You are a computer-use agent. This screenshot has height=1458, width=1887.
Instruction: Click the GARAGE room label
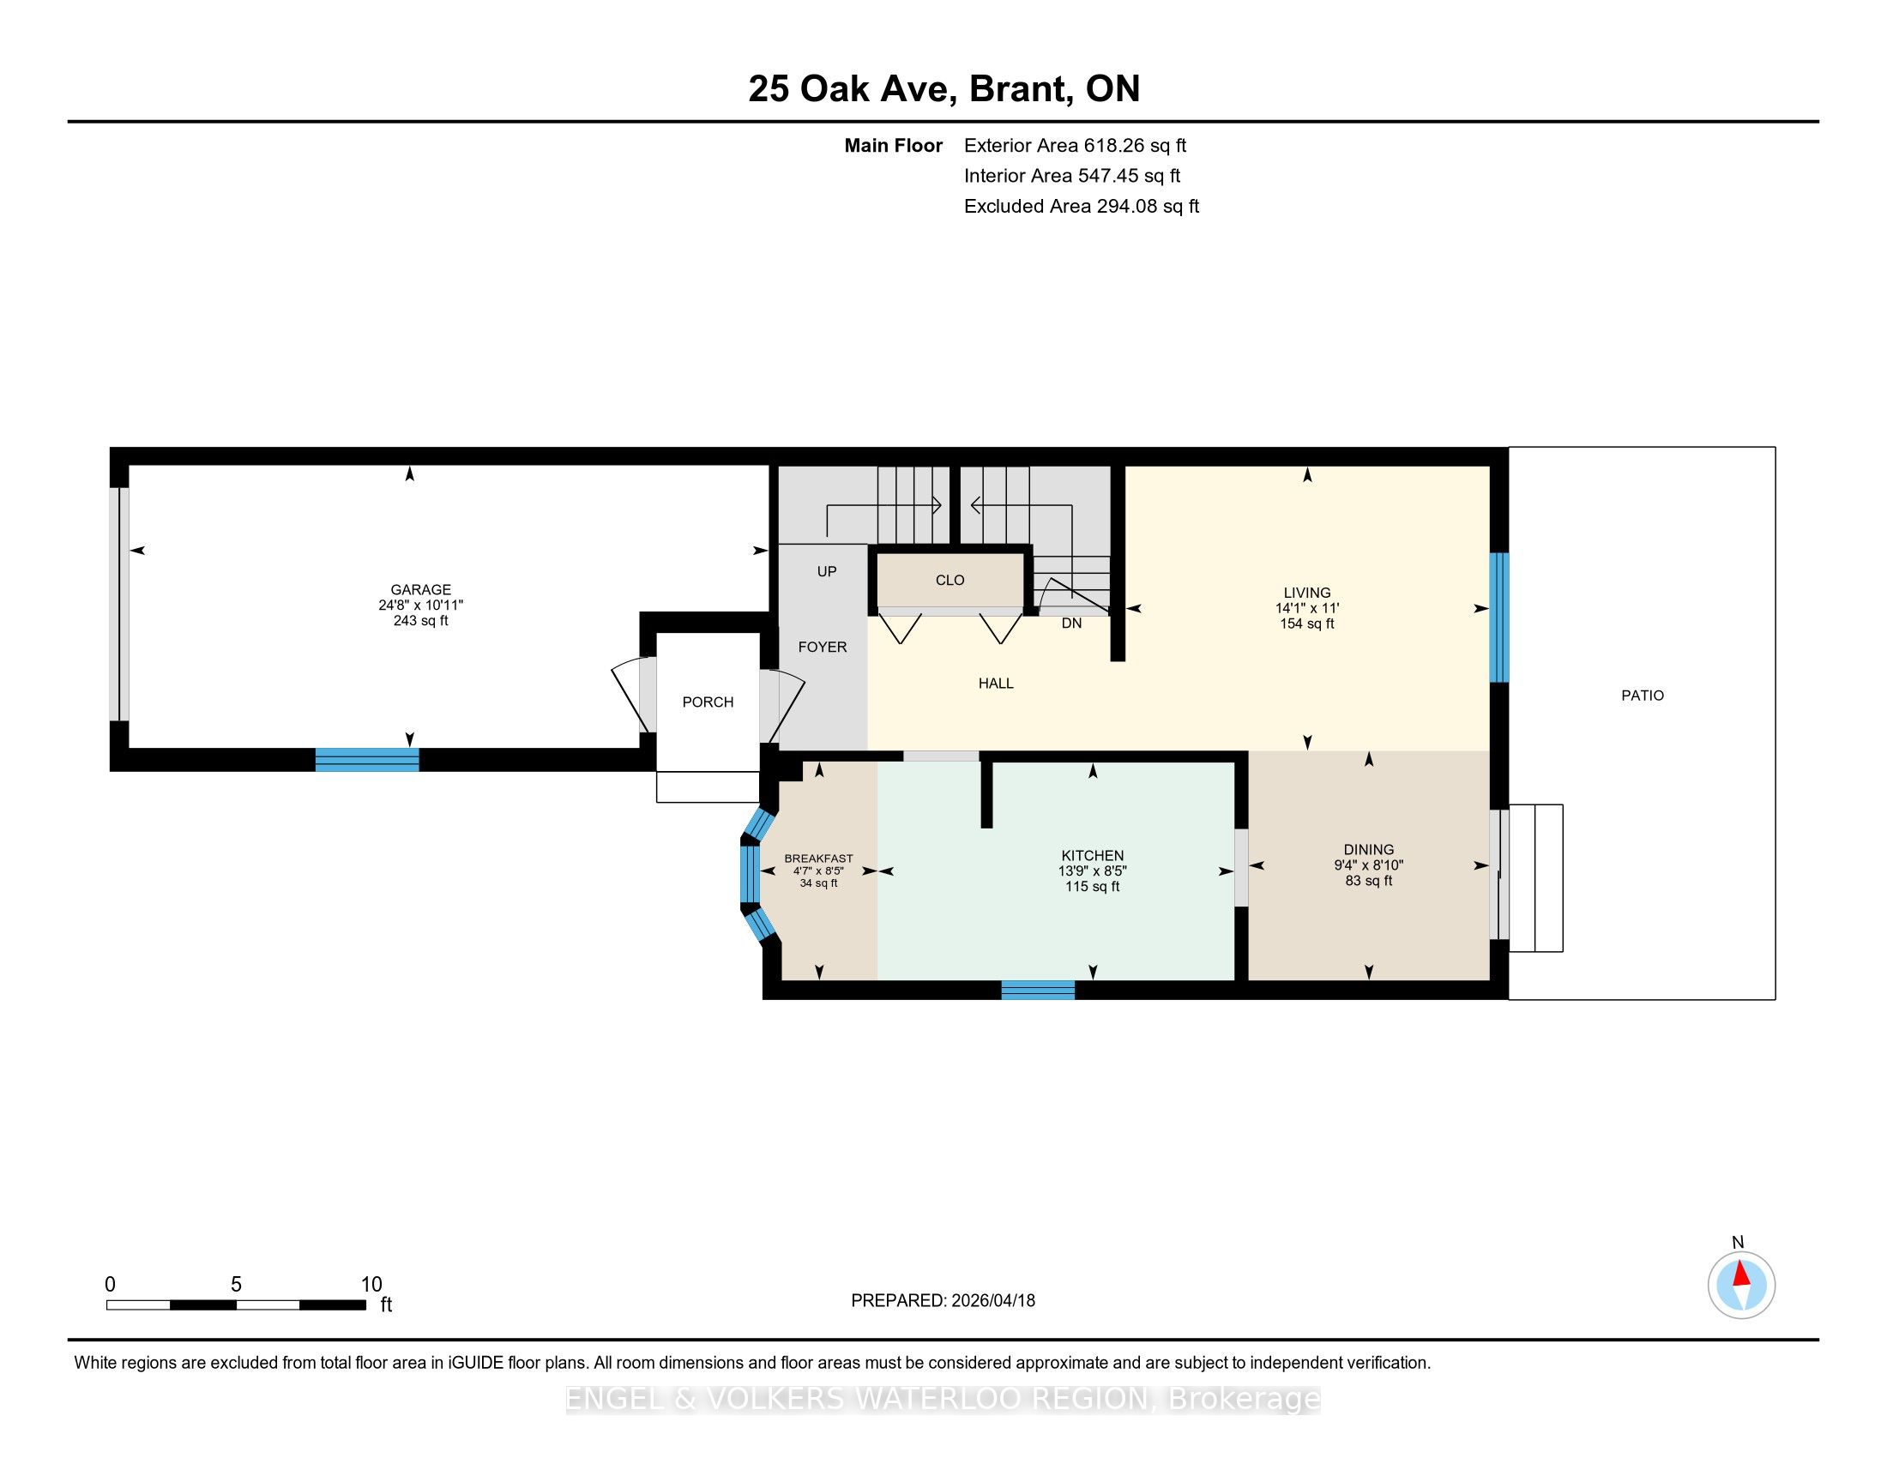point(421,590)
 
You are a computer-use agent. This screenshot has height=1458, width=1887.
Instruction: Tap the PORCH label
point(708,702)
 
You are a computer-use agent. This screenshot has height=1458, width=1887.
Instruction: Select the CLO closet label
point(950,581)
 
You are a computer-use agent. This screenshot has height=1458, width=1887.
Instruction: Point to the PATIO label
point(1643,696)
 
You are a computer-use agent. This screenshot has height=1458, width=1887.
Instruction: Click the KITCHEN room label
point(1093,856)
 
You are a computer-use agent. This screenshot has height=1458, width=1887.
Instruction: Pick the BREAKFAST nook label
point(818,859)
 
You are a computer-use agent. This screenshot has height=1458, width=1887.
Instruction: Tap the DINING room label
point(1369,850)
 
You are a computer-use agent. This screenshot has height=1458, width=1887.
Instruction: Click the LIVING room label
point(1307,593)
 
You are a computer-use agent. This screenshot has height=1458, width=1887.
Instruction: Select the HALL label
point(996,684)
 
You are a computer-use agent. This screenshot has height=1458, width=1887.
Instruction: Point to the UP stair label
point(827,571)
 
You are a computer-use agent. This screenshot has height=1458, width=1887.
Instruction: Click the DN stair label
point(1071,623)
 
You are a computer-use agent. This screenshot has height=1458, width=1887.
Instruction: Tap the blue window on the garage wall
point(367,759)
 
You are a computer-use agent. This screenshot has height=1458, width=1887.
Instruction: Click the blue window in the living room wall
point(1500,618)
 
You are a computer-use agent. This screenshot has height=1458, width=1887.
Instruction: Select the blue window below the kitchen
point(1038,990)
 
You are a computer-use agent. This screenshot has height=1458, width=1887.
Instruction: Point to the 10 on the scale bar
point(371,1284)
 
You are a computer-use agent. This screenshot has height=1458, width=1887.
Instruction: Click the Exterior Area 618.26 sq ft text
point(1076,145)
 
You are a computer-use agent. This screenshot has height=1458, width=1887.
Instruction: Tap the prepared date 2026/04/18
point(992,1300)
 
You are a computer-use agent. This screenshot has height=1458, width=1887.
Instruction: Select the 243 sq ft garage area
point(421,621)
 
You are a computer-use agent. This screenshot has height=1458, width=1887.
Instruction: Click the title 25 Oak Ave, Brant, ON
point(944,88)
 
